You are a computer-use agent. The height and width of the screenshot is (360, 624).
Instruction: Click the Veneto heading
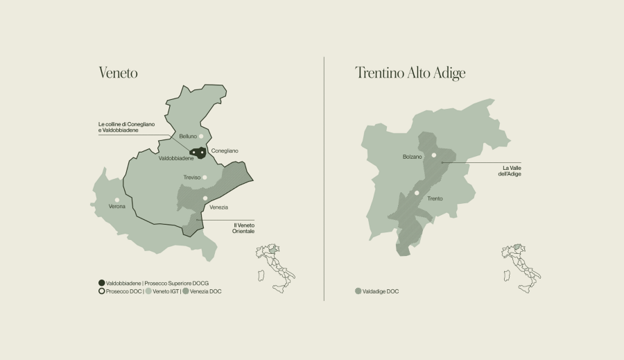(x=119, y=73)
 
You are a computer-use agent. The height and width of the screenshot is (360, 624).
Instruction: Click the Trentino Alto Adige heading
(x=410, y=73)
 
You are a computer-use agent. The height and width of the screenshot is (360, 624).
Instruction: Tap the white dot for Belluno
(x=201, y=137)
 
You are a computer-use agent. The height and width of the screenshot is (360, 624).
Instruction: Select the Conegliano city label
(x=224, y=151)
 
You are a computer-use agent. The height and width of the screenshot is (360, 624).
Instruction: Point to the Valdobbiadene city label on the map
(x=176, y=158)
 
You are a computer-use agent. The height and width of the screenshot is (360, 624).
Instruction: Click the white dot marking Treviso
(x=205, y=178)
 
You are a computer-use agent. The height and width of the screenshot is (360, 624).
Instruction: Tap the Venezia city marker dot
(x=205, y=198)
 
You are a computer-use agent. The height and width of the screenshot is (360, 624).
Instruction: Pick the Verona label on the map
(x=117, y=207)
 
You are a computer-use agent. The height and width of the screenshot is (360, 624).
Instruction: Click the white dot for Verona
(x=117, y=200)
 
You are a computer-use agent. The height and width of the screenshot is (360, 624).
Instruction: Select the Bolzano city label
(x=413, y=157)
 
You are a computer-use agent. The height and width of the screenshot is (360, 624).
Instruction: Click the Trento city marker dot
(x=417, y=193)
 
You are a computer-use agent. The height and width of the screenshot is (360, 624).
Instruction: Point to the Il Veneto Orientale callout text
(x=243, y=228)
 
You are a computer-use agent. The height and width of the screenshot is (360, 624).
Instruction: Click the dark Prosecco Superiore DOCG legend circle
(x=102, y=283)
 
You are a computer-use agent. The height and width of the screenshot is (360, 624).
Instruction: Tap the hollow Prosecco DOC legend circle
(x=102, y=291)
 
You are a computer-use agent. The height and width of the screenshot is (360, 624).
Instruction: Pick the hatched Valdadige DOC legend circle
(x=358, y=291)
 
